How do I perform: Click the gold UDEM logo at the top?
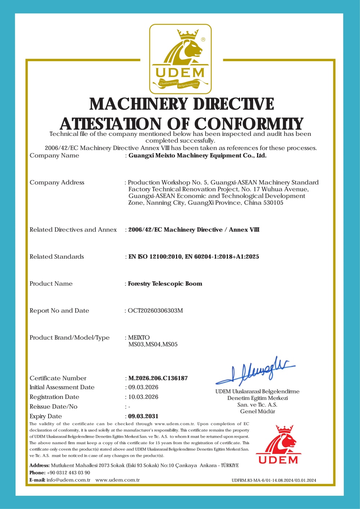click(180, 59)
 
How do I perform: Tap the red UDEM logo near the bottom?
click(278, 445)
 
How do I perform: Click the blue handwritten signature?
click(256, 371)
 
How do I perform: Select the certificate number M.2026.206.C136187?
click(158, 378)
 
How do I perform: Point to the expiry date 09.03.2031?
click(143, 416)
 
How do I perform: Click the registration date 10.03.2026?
click(143, 397)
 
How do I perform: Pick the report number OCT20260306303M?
click(156, 311)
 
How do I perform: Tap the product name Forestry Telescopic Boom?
click(165, 284)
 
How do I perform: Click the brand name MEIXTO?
click(139, 338)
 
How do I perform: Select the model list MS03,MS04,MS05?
click(153, 344)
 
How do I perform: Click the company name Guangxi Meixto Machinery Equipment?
click(197, 156)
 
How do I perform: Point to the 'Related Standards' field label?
click(57, 257)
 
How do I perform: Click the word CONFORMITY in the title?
click(249, 124)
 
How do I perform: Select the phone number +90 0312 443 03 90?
click(68, 473)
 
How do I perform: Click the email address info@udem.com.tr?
click(68, 480)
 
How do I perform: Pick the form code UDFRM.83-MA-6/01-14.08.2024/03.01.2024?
click(274, 480)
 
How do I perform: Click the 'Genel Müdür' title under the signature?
click(257, 411)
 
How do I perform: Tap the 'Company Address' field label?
click(57, 183)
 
